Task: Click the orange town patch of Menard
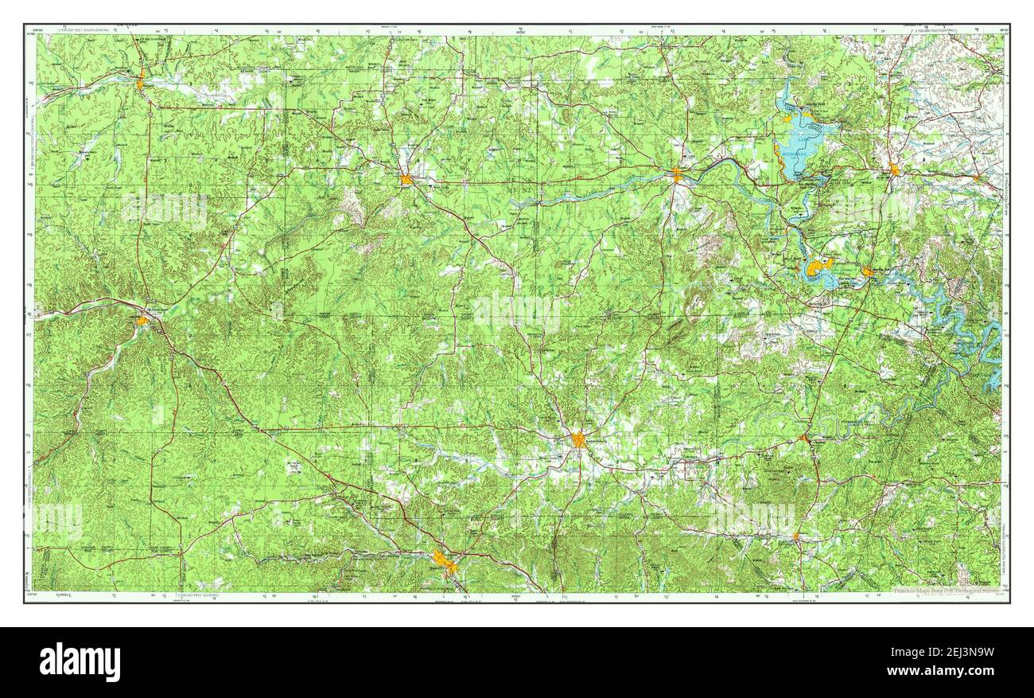coord(140,82)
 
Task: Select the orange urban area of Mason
coord(406,179)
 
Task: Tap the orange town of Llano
coord(676,175)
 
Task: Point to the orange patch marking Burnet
coord(895,170)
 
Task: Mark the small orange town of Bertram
coord(978,178)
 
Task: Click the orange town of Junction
coord(142,320)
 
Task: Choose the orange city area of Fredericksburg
coord(578,439)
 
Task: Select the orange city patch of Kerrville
coord(445,563)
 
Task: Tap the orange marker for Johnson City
coord(805,438)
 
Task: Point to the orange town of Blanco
coord(795,536)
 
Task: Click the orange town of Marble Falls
coord(867,272)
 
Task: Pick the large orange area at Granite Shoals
coord(818,267)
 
